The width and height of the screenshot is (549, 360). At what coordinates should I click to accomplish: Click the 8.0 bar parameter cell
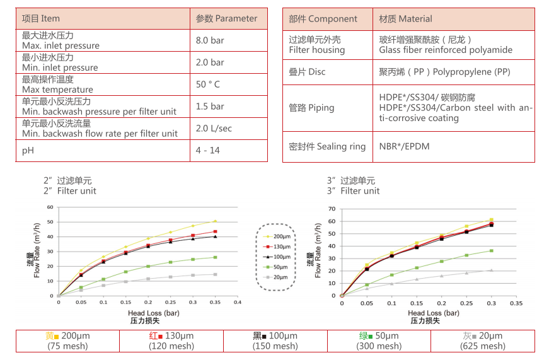click(210, 40)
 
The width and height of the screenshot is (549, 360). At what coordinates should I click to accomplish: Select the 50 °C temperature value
click(208, 84)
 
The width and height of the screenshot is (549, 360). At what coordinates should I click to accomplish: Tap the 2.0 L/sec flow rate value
click(214, 129)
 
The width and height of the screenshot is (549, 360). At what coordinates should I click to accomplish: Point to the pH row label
click(28, 151)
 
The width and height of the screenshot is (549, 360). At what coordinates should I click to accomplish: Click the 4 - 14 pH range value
click(207, 151)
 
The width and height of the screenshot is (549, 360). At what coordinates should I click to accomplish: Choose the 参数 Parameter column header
click(226, 18)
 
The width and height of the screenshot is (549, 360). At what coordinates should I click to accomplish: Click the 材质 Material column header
click(405, 19)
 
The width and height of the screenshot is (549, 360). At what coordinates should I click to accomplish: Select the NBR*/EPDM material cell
click(404, 146)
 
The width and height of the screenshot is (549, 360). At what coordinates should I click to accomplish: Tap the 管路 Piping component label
click(311, 108)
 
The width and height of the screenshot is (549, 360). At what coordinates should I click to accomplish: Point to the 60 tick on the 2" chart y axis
click(50, 207)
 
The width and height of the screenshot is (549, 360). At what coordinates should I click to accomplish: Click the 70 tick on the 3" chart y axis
click(332, 209)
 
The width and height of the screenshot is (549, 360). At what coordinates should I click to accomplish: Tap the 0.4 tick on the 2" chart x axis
click(237, 302)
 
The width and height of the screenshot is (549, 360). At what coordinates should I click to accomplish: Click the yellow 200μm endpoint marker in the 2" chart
click(215, 221)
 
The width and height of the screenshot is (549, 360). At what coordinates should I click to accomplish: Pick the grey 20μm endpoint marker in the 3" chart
click(491, 270)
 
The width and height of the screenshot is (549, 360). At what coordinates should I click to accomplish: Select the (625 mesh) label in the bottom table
click(483, 345)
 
